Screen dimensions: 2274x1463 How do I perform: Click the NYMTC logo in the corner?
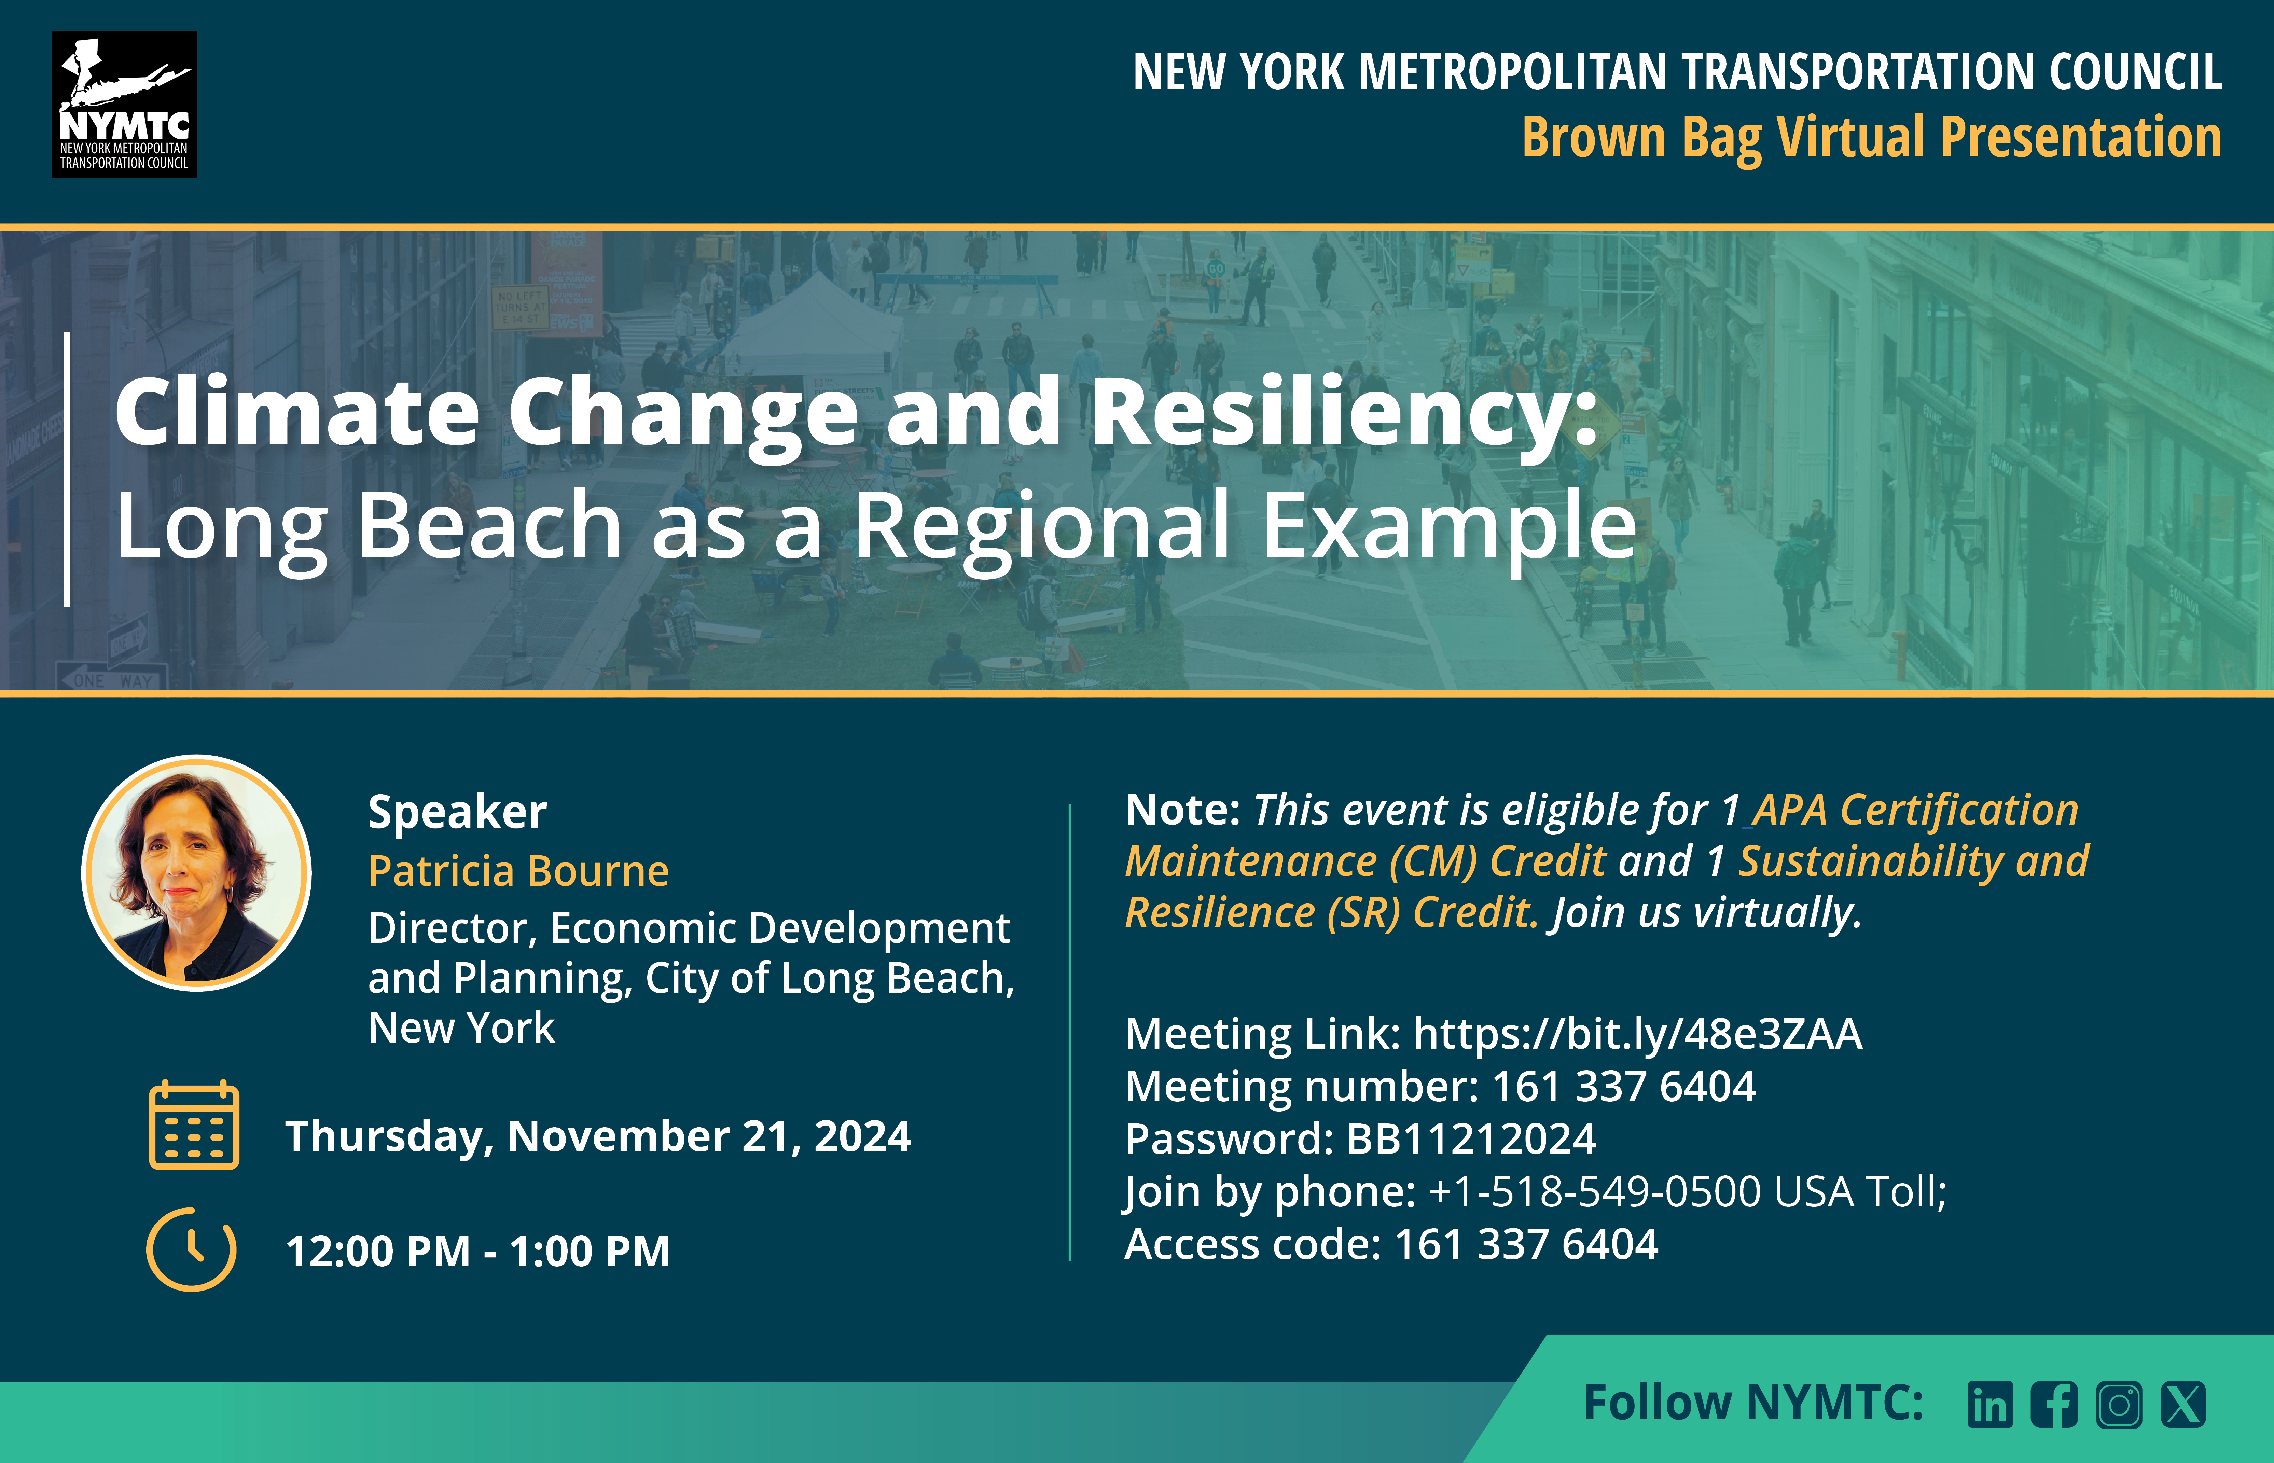pos(124,105)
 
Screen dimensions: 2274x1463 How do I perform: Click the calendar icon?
pos(194,1125)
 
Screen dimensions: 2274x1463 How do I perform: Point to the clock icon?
pos(191,1249)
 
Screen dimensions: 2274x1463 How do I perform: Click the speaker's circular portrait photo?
pos(197,872)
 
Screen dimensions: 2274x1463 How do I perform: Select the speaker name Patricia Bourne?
pos(518,870)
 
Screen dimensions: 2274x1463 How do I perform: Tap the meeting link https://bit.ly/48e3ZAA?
pos(1638,1034)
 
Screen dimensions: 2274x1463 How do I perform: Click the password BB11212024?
pos(1471,1138)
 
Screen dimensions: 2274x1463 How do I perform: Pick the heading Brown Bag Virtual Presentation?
pos(1871,138)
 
